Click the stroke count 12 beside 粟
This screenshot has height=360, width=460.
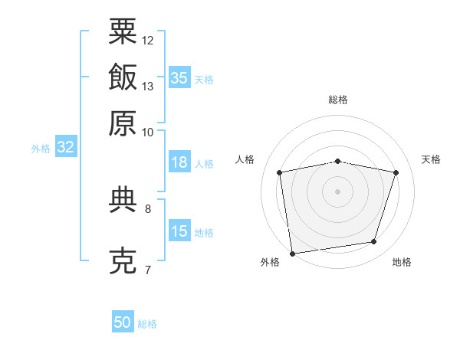[x=148, y=40]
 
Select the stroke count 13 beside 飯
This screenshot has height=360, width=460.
[x=148, y=86]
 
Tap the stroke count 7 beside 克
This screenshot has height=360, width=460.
[x=147, y=270]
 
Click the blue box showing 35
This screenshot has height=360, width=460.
[x=179, y=77]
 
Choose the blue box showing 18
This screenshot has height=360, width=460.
[x=179, y=162]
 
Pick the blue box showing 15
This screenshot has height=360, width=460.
[x=179, y=231]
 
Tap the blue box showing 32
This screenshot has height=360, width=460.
[x=65, y=148]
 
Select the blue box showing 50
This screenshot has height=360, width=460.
[x=123, y=322]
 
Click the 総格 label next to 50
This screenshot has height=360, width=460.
[x=147, y=324]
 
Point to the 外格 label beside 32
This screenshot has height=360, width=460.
[x=40, y=149]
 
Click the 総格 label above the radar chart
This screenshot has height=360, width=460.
[x=338, y=100]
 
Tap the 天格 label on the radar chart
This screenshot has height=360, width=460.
[x=431, y=159]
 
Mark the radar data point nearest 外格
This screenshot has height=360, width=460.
[x=292, y=252]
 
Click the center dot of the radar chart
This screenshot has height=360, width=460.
[x=338, y=191]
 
